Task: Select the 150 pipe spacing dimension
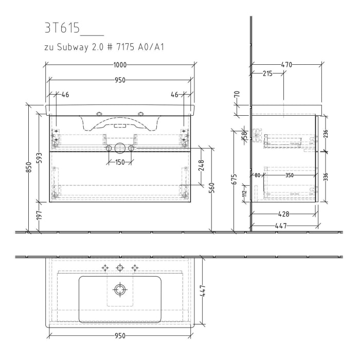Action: tap(120, 163)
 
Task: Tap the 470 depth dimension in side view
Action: tap(286, 65)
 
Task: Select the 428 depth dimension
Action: tap(283, 213)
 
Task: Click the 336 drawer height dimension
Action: tap(325, 177)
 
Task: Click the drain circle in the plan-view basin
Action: tap(120, 290)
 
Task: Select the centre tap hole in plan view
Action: tap(120, 267)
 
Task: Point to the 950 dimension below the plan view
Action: tap(120, 336)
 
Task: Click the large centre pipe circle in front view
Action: tap(120, 149)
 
